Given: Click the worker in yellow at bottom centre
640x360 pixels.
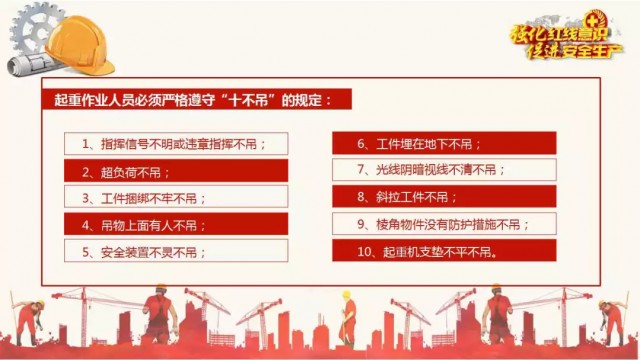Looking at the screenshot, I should coord(348,318).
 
